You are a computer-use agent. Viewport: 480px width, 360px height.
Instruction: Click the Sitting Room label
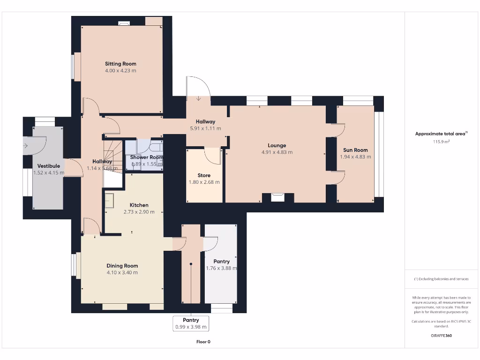pos(120,64)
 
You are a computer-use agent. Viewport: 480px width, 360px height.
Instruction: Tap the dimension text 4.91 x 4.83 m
pos(277,152)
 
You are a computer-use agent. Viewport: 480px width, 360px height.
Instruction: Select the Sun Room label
pos(355,150)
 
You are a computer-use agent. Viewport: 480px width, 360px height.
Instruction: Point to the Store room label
pos(204,175)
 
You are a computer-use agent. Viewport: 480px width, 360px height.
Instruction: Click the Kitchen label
pos(139,205)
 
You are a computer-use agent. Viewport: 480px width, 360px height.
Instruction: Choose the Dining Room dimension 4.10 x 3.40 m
pos(122,272)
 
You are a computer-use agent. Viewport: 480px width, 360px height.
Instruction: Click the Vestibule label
pos(49,166)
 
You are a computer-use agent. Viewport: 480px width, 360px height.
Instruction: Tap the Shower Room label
pos(147,157)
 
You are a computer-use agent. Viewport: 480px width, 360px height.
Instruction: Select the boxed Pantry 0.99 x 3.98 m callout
pos(191,323)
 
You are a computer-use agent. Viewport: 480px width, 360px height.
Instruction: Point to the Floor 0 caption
pos(203,342)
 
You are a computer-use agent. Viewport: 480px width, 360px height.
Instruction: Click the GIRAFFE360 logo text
pos(441,336)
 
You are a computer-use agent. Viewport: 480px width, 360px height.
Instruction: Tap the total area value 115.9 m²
pos(441,141)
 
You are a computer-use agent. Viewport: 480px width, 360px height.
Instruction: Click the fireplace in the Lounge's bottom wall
pos(278,197)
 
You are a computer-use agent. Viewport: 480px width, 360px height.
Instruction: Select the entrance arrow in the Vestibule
pos(25,146)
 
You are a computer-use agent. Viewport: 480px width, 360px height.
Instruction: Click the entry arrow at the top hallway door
pos(199,98)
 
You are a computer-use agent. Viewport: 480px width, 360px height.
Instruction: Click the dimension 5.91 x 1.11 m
pos(205,128)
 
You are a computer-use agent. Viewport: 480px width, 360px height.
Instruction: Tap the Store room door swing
pos(213,156)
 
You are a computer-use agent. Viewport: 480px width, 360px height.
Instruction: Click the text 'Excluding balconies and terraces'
pos(441,279)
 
